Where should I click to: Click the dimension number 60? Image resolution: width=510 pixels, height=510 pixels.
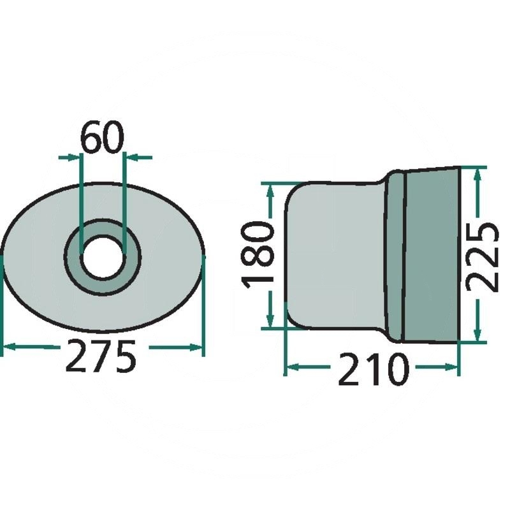102,139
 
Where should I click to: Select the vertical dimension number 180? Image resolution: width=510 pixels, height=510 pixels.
259,254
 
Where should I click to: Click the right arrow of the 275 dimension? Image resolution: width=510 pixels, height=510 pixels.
198,347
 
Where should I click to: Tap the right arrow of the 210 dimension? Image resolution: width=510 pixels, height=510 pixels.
453,367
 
